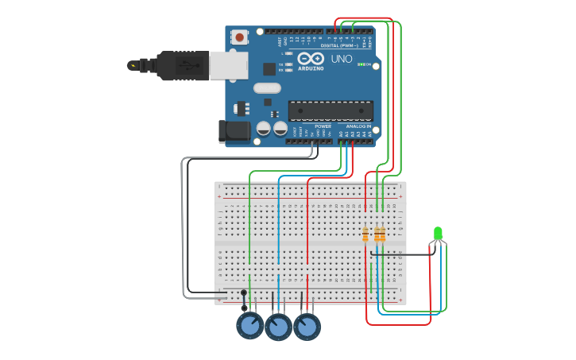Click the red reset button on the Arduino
[x=239, y=37]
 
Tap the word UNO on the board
[x=342, y=59]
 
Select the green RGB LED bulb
[x=438, y=233]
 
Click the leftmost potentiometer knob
[x=249, y=325]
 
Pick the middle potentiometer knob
[x=278, y=327]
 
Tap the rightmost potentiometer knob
[x=307, y=327]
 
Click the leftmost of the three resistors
[x=365, y=234]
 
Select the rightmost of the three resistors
[x=382, y=234]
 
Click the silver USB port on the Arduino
[x=228, y=65]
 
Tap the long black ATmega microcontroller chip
[x=331, y=110]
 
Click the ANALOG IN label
[x=358, y=126]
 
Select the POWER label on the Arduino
[x=323, y=126]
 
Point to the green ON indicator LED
[x=361, y=64]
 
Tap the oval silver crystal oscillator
[x=268, y=88]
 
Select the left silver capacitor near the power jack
[x=264, y=128]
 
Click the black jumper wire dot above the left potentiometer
[x=244, y=292]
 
